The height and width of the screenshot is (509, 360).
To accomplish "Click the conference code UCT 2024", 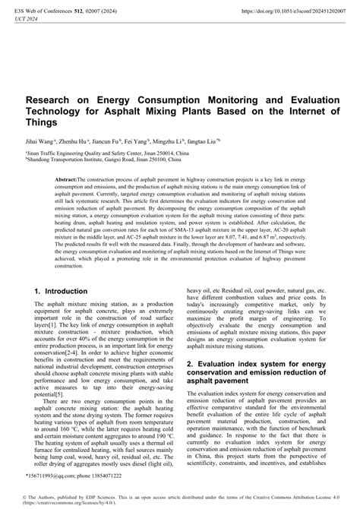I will point(25,20).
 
